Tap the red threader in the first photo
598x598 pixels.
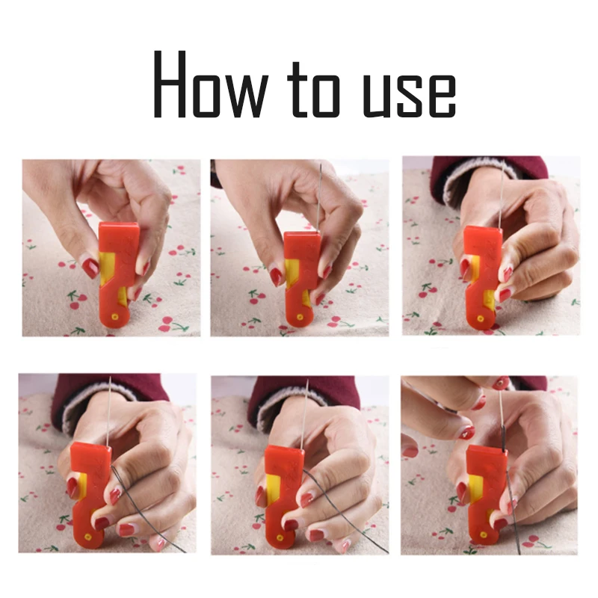click(x=119, y=274)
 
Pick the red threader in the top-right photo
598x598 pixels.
click(x=481, y=277)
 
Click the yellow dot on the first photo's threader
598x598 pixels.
click(x=114, y=316)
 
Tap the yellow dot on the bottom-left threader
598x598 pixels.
click(x=88, y=537)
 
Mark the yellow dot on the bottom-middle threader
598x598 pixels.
click(x=280, y=538)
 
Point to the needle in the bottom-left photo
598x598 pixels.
click(x=108, y=411)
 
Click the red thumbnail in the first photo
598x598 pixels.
click(x=90, y=268)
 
